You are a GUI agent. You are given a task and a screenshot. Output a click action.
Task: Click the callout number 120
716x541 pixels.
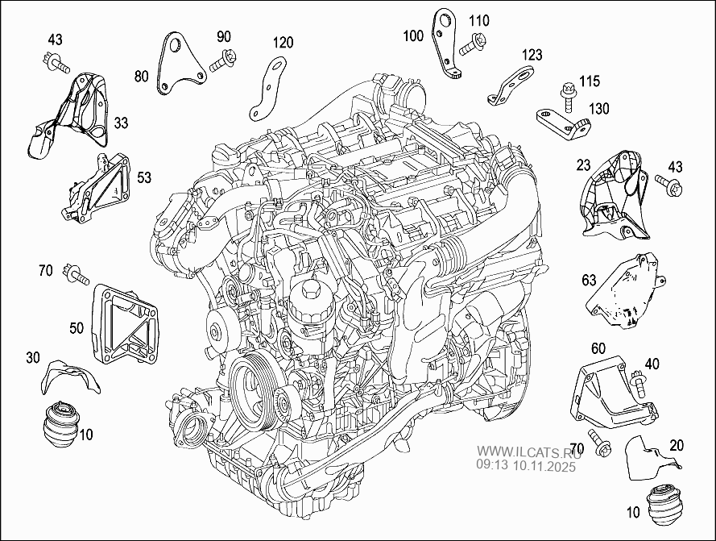[282, 43]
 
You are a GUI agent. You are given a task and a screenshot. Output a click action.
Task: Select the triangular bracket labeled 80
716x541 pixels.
[179, 62]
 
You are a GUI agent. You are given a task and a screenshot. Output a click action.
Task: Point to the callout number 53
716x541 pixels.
[144, 175]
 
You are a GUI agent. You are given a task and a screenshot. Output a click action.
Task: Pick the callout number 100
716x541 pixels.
[413, 35]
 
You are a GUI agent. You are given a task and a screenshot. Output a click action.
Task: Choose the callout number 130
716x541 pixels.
[598, 109]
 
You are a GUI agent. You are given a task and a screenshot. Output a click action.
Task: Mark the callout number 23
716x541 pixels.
[584, 164]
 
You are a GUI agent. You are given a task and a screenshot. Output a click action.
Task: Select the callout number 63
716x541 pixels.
[589, 280]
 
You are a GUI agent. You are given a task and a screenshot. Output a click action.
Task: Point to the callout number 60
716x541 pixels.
[598, 348]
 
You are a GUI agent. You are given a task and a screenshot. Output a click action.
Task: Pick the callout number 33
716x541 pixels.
[120, 123]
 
